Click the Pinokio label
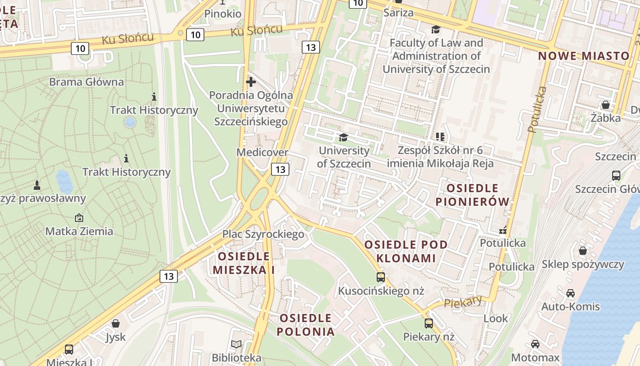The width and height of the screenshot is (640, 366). coord(223,14)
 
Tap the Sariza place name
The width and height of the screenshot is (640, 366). coord(398,13)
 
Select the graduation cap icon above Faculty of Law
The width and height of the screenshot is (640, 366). coord(436,30)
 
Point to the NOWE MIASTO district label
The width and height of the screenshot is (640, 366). coord(584,56)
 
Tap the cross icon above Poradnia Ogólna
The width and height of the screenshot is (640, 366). coord(251,82)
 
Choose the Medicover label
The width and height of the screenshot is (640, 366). coord(262,152)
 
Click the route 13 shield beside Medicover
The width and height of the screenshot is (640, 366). coord(280,169)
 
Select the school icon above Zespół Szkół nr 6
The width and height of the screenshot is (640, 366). coord(440,136)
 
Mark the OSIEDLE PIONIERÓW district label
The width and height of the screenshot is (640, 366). coord(472,195)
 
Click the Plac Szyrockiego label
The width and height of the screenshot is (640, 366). coord(263,234)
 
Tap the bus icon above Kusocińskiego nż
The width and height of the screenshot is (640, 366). coord(380,277)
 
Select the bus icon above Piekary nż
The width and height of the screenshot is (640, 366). coord(428,323)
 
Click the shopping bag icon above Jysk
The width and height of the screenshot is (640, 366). coord(116,323)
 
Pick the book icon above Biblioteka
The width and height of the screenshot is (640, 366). coord(236,344)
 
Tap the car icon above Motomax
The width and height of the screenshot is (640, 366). coord(535,344)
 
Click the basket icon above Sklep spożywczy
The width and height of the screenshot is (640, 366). coord(582,251)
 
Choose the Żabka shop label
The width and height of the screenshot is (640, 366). coord(605,118)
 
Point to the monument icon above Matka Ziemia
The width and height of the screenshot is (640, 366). coord(79,218)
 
